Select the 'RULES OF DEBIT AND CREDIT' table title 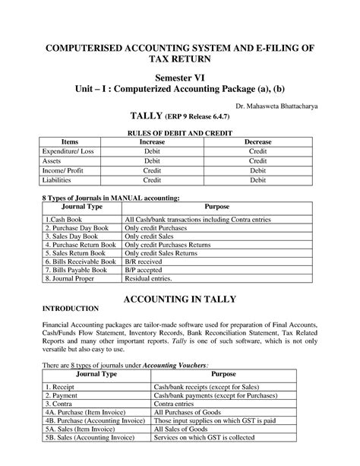(180, 134)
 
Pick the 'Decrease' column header (257, 142)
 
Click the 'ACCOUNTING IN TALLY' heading (180, 299)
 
